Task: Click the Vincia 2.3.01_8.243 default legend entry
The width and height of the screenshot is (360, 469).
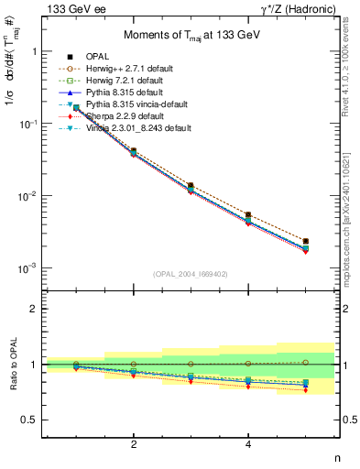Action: tap(147, 128)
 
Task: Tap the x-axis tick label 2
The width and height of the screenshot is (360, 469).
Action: tap(134, 444)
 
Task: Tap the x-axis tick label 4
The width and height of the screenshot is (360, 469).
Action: tap(248, 444)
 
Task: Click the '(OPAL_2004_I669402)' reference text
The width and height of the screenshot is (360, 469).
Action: tap(191, 273)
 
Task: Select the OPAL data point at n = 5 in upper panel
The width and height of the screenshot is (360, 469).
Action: tap(305, 241)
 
